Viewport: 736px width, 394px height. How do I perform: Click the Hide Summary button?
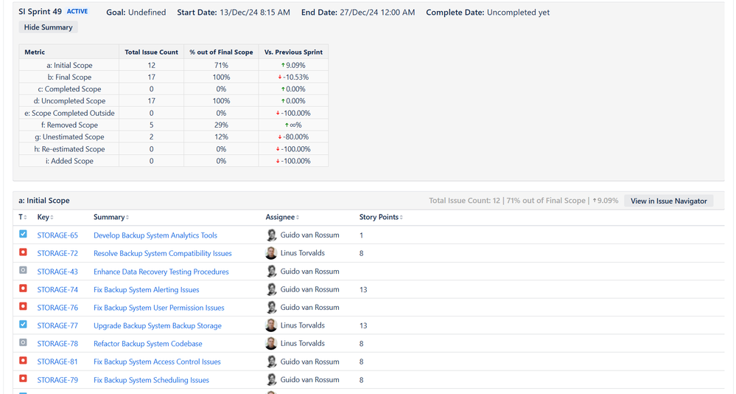coord(48,27)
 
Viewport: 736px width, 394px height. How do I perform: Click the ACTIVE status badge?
coord(77,12)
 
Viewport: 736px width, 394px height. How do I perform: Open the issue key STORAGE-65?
coord(57,235)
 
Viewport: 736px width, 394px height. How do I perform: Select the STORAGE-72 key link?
coord(57,253)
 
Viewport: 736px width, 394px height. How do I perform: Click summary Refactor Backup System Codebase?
coord(147,344)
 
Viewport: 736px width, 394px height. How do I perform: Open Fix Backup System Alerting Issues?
coord(146,290)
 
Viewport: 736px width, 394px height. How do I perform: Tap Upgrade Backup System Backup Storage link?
coord(157,325)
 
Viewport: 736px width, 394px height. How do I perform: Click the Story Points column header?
coord(380,217)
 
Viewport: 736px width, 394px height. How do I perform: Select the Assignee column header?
coord(281,217)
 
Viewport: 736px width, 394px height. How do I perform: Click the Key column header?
coord(44,217)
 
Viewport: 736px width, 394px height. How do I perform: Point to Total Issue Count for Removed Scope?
coord(152,125)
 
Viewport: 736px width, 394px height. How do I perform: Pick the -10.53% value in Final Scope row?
coord(294,77)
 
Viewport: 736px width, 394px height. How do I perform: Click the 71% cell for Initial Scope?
coord(221,65)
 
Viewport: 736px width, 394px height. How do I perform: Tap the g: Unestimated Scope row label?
coord(69,136)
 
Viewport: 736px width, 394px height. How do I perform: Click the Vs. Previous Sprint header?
coord(293,52)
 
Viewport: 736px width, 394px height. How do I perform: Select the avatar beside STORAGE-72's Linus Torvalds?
coord(271,253)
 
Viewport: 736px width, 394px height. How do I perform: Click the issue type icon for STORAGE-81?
coord(23,362)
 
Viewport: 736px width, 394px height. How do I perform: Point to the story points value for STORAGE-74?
coord(363,290)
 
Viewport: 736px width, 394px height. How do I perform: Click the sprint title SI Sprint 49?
coord(41,12)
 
